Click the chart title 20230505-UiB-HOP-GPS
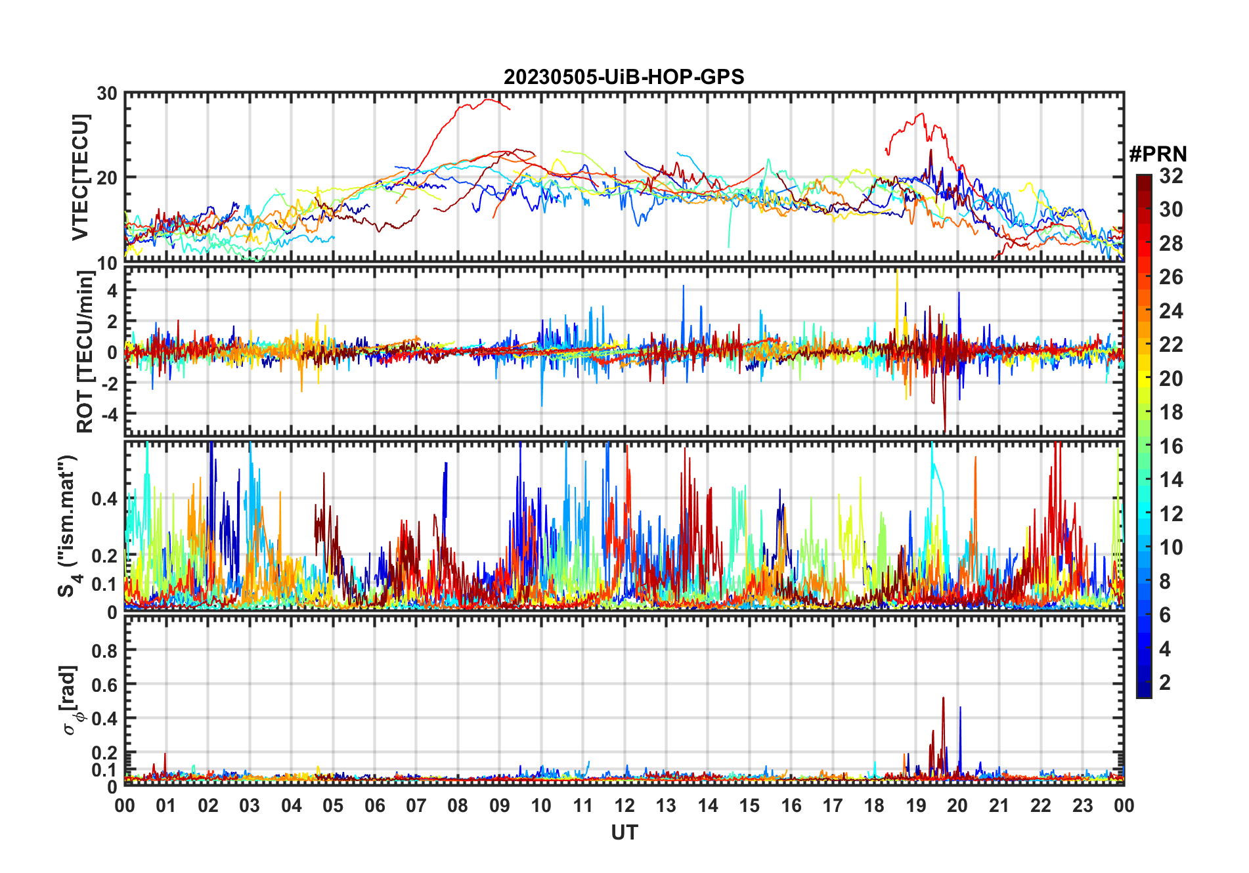click(x=624, y=77)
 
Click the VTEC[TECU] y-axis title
click(x=80, y=177)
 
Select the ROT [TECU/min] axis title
click(x=85, y=352)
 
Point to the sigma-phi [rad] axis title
click(x=70, y=700)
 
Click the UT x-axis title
click(x=624, y=832)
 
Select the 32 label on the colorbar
click(x=1171, y=176)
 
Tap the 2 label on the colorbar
click(x=1165, y=683)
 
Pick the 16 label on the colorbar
click(x=1171, y=446)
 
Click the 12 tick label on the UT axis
click(x=624, y=805)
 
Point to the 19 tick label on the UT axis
click(x=915, y=805)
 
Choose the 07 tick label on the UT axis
click(x=416, y=805)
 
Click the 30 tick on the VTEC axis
click(x=107, y=94)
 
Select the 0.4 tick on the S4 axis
click(x=104, y=499)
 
